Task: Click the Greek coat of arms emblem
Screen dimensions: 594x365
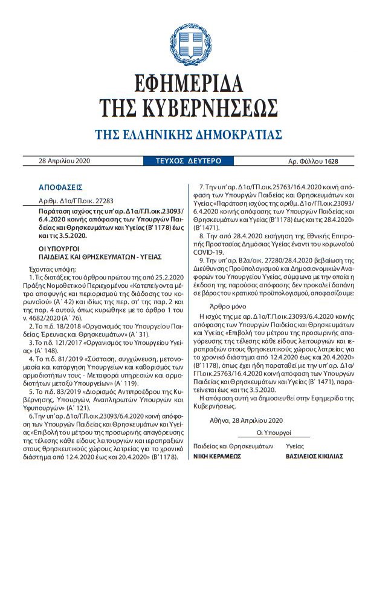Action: tap(182, 44)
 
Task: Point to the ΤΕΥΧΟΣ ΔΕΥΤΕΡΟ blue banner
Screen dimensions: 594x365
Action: tap(180, 161)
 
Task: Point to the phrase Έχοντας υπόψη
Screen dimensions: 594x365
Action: tap(50, 267)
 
